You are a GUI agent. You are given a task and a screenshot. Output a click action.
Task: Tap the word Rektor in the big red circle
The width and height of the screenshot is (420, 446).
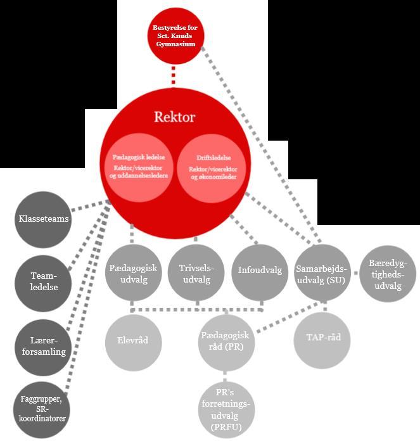pyautogui.click(x=174, y=117)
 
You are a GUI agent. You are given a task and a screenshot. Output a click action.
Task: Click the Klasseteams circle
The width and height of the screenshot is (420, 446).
pyautogui.click(x=43, y=220)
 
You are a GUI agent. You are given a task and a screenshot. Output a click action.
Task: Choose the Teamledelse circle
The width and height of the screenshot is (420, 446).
pyautogui.click(x=44, y=281)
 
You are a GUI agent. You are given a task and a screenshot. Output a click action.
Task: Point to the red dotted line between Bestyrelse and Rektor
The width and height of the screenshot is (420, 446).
pyautogui.click(x=172, y=74)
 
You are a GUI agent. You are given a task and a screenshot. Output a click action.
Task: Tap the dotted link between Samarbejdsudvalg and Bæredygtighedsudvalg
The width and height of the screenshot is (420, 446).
pyautogui.click(x=355, y=273)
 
